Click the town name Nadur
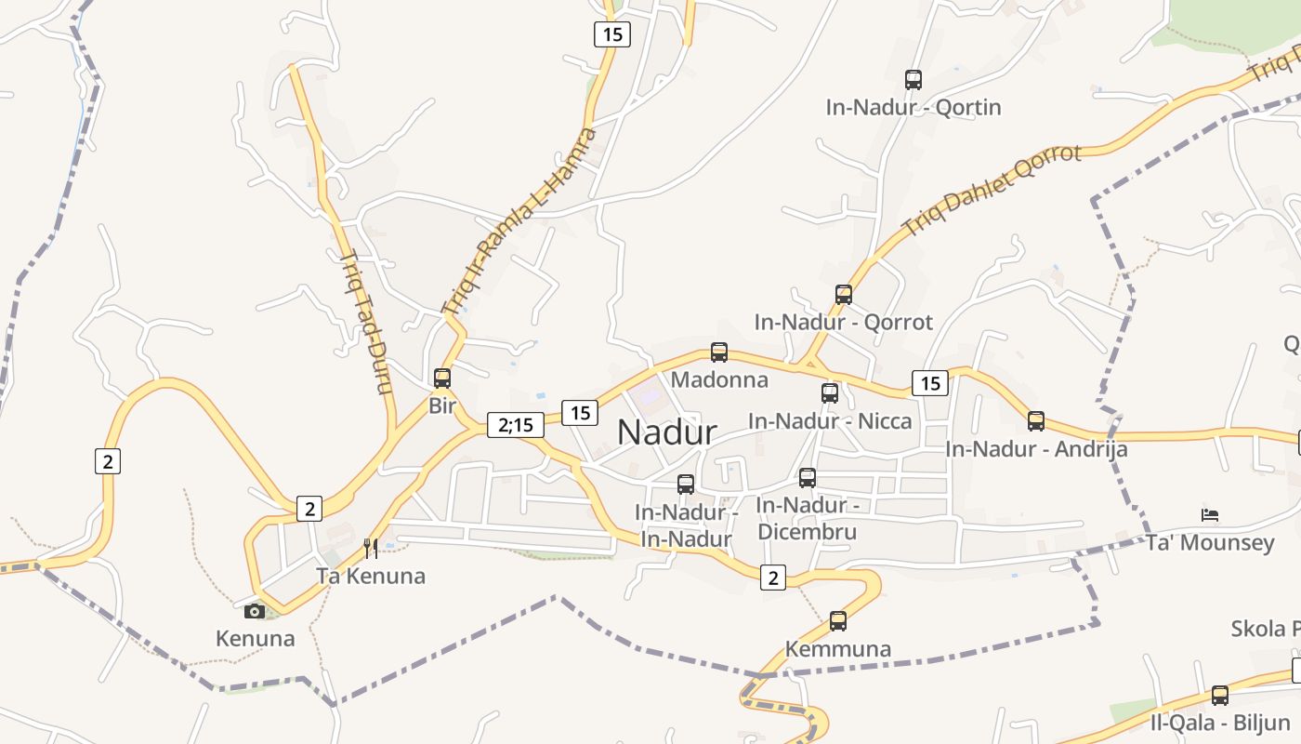pos(666,432)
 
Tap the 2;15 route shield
pos(515,425)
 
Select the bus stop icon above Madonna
pos(719,352)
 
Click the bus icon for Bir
pos(442,379)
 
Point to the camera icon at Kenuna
pos(255,611)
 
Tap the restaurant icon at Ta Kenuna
pos(370,548)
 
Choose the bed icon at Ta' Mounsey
pos(1210,514)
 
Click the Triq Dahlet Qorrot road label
pos(993,190)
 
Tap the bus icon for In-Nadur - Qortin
pos(913,80)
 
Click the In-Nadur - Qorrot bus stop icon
pos(844,295)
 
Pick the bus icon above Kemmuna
pos(838,621)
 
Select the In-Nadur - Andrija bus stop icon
pos(1036,421)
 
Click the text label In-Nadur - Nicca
pos(830,421)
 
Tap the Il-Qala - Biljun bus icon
pos(1220,695)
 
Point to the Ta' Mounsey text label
pos(1210,543)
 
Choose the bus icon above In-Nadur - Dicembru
pos(808,478)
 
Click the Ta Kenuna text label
pos(371,576)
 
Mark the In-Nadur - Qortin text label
pos(913,107)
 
